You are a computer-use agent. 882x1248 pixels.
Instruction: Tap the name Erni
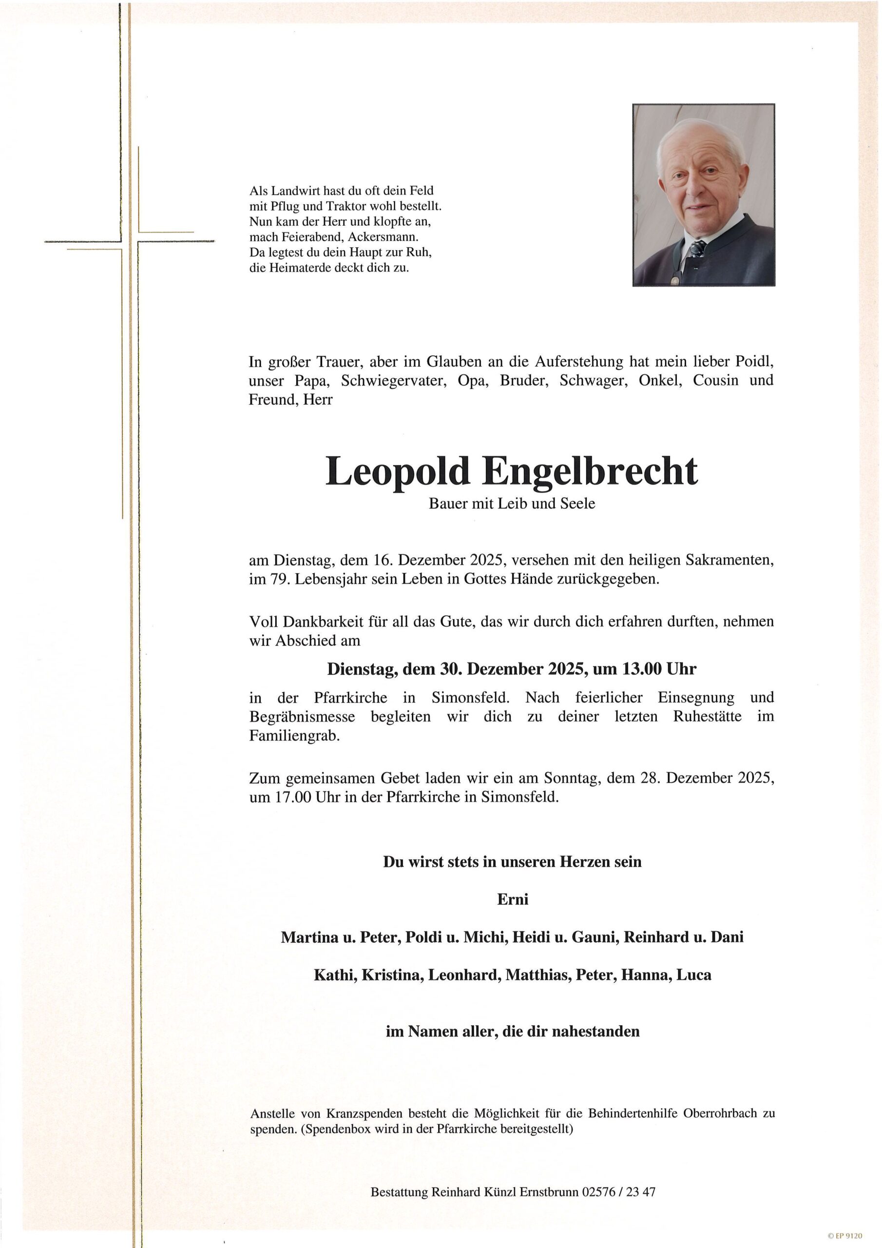pyautogui.click(x=513, y=899)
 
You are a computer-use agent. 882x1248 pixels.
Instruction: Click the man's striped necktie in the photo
pyautogui.click(x=697, y=251)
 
